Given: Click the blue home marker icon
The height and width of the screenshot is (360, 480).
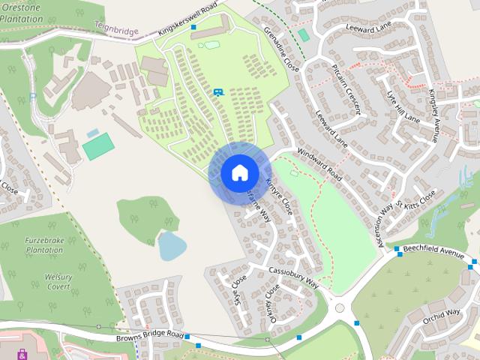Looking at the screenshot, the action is tap(239, 173).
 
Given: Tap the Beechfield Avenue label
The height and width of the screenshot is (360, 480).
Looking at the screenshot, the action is tap(433, 250).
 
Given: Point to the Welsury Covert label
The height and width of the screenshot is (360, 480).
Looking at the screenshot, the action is tap(58, 281).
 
